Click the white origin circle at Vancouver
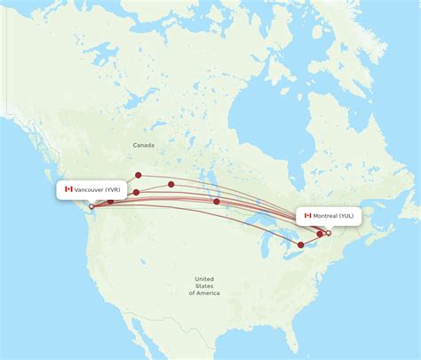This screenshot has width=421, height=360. click(91, 206)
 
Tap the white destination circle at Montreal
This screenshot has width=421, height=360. click(328, 233)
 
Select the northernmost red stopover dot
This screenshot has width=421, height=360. click(139, 175)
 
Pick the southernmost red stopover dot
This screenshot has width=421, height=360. click(301, 244)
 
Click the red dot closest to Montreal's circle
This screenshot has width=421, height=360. click(320, 235)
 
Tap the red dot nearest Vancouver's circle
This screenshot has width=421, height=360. click(110, 202)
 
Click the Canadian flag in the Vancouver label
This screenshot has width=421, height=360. click(68, 189)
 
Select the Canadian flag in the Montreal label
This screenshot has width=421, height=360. click(308, 215)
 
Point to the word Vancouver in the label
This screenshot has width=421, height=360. click(88, 189)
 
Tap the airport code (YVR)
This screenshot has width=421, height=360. click(113, 189)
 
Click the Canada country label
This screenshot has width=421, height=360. click(143, 145)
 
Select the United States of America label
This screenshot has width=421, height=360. click(203, 285)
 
